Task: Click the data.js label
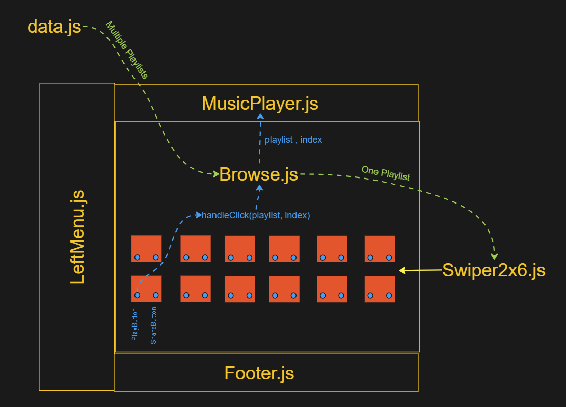coord(55,26)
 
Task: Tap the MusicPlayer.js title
coord(260,104)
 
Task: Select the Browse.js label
coord(258,174)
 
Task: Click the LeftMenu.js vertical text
coord(77,237)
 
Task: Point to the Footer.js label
coord(259,373)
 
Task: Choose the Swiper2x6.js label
coord(493,270)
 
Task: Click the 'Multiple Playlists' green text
coord(126,50)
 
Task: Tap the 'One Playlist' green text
coord(386,173)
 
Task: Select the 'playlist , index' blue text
coord(293,139)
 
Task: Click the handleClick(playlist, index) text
coord(256,215)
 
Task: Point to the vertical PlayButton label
coord(135,324)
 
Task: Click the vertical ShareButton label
coord(153,325)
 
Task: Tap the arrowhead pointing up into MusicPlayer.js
coord(260,117)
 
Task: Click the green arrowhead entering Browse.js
coord(215,174)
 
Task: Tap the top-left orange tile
coord(146,248)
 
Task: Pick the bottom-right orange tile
coord(380,289)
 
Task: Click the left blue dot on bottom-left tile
coord(137,295)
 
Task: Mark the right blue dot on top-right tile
coord(389,257)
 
